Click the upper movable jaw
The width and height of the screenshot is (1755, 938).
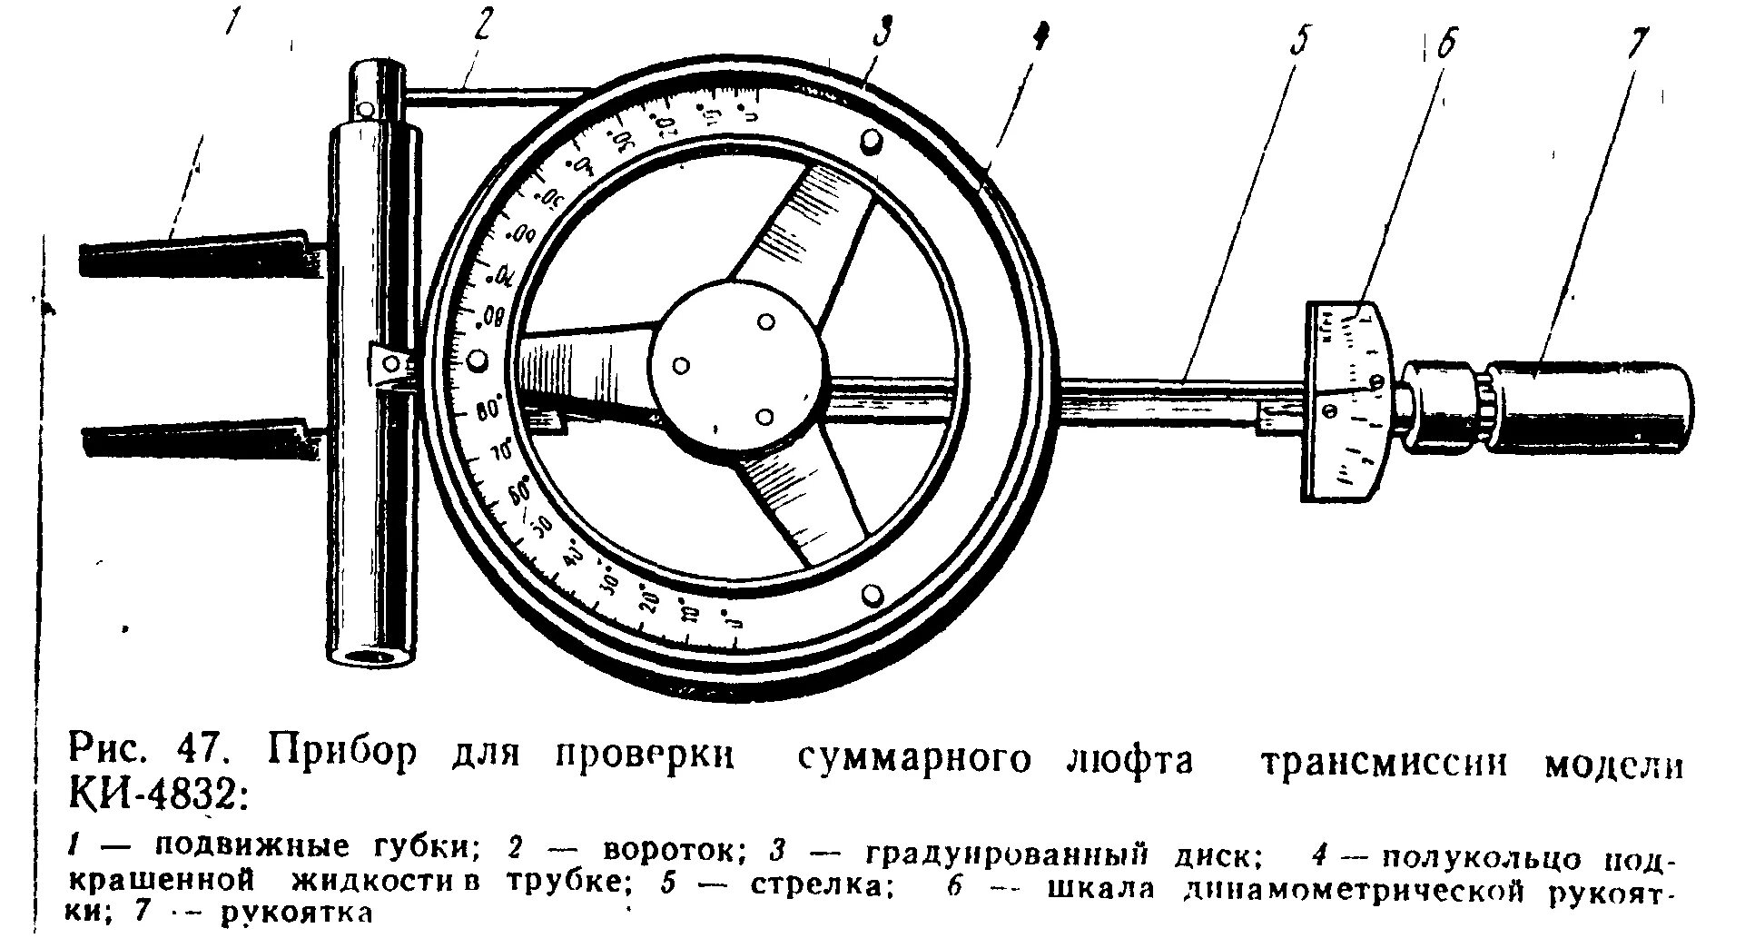(200, 254)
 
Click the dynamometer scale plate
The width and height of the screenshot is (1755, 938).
(1350, 400)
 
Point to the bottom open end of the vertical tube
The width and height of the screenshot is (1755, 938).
(373, 656)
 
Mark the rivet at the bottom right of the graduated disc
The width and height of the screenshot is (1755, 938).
(872, 595)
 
